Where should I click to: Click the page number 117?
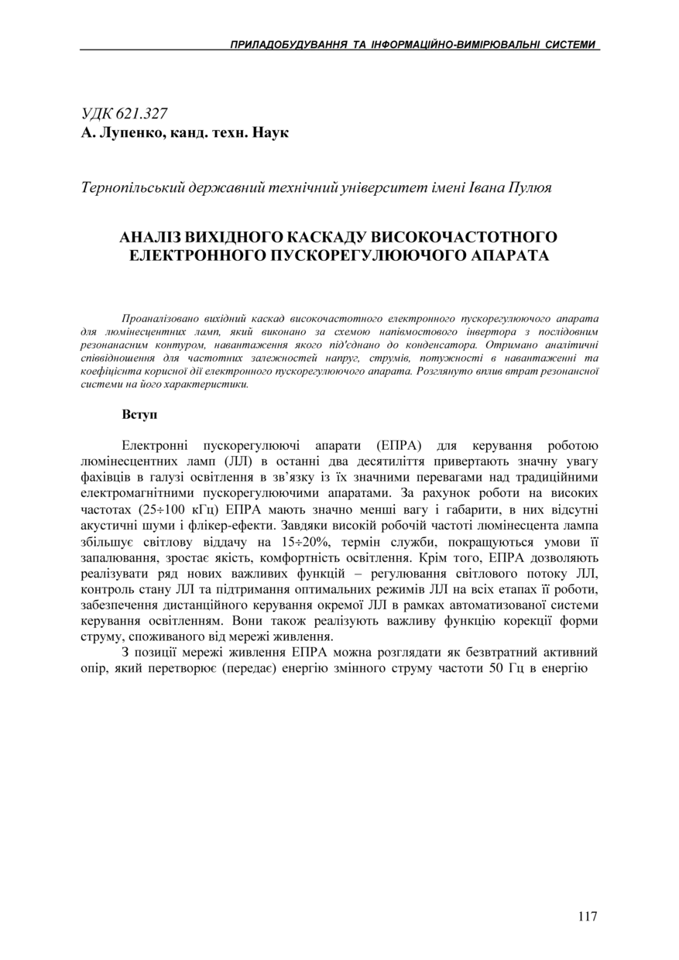[588, 917]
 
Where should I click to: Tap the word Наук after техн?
[272, 133]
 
